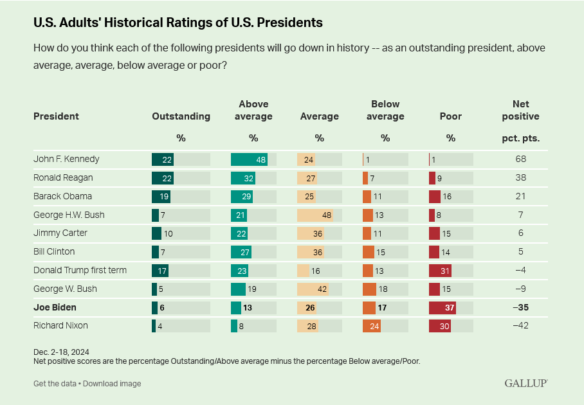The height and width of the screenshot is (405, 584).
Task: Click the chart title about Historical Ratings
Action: pos(178,22)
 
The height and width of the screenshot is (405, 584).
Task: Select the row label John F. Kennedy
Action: pos(66,159)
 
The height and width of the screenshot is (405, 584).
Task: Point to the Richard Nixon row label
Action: pos(60,325)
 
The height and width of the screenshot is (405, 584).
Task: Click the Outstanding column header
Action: pos(181,116)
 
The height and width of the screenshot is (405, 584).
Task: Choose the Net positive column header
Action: pos(520,110)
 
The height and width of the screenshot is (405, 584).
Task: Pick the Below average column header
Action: pos(385,110)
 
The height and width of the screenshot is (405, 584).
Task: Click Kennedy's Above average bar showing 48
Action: pos(249,159)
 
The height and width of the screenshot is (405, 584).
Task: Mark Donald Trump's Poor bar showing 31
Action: pos(441,271)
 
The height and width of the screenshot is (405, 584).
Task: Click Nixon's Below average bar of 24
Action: pos(372,326)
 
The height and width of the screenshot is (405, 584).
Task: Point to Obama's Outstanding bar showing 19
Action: pos(161,197)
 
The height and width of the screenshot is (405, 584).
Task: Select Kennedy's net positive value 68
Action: pos(520,159)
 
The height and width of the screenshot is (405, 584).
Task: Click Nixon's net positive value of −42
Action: pos(520,325)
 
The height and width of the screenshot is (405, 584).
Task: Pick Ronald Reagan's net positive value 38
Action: pos(520,177)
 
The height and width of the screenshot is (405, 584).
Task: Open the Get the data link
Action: pos(55,384)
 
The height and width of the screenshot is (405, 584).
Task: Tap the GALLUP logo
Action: pos(526,383)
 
